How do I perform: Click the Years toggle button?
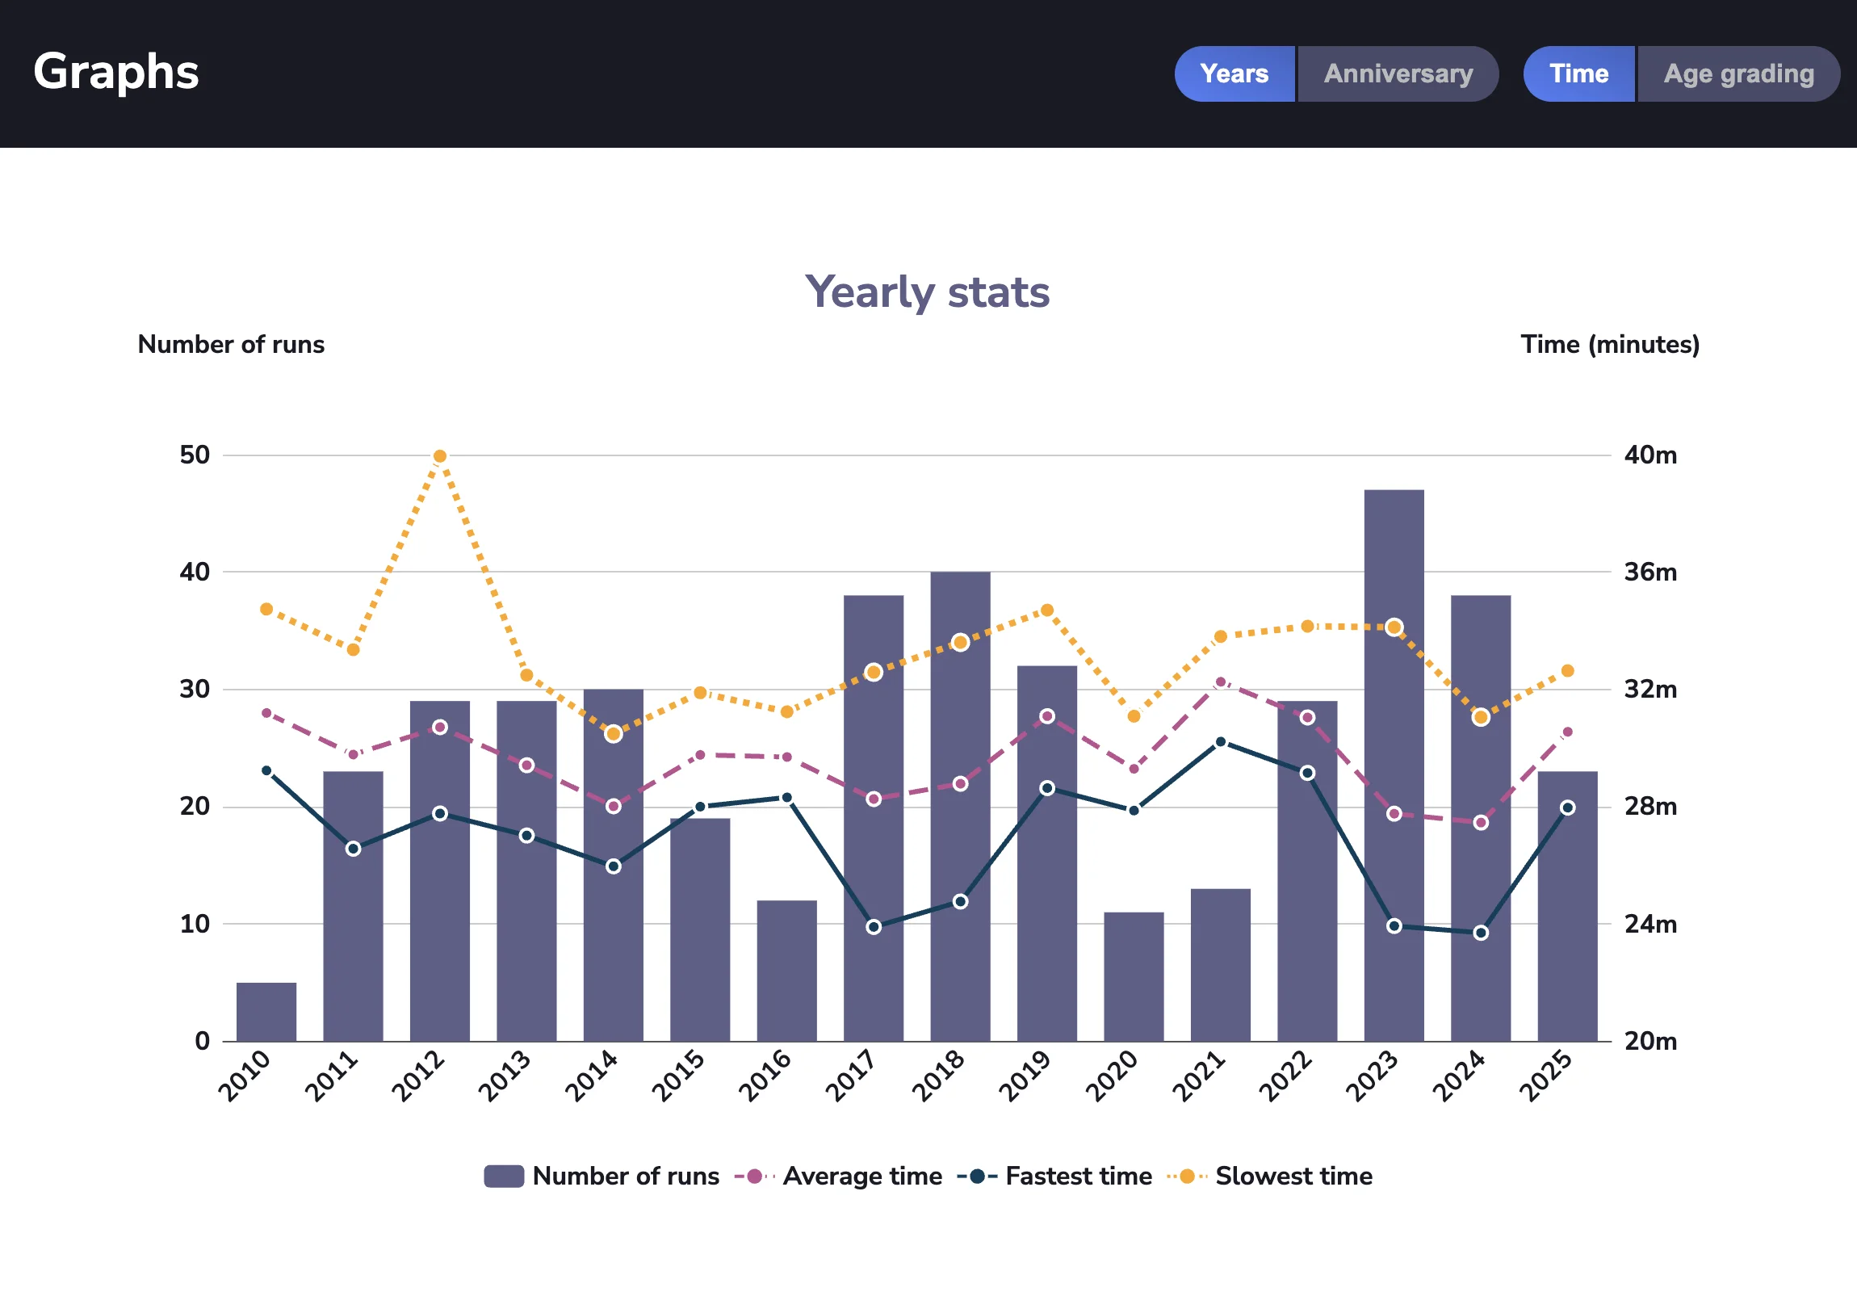[x=1234, y=73]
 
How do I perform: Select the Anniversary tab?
[x=1398, y=73]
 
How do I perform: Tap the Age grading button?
[x=1738, y=73]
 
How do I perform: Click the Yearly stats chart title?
[x=927, y=292]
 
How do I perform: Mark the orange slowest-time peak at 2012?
[x=440, y=456]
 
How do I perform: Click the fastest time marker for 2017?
[x=874, y=927]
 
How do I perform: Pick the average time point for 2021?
[x=1221, y=682]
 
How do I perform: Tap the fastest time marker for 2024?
[x=1481, y=933]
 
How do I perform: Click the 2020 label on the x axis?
[x=1112, y=1076]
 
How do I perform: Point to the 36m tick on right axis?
[x=1650, y=573]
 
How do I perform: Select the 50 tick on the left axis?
[x=195, y=455]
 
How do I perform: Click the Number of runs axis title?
[x=230, y=345]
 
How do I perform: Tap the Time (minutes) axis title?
[x=1609, y=345]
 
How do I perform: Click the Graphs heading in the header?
[x=115, y=72]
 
